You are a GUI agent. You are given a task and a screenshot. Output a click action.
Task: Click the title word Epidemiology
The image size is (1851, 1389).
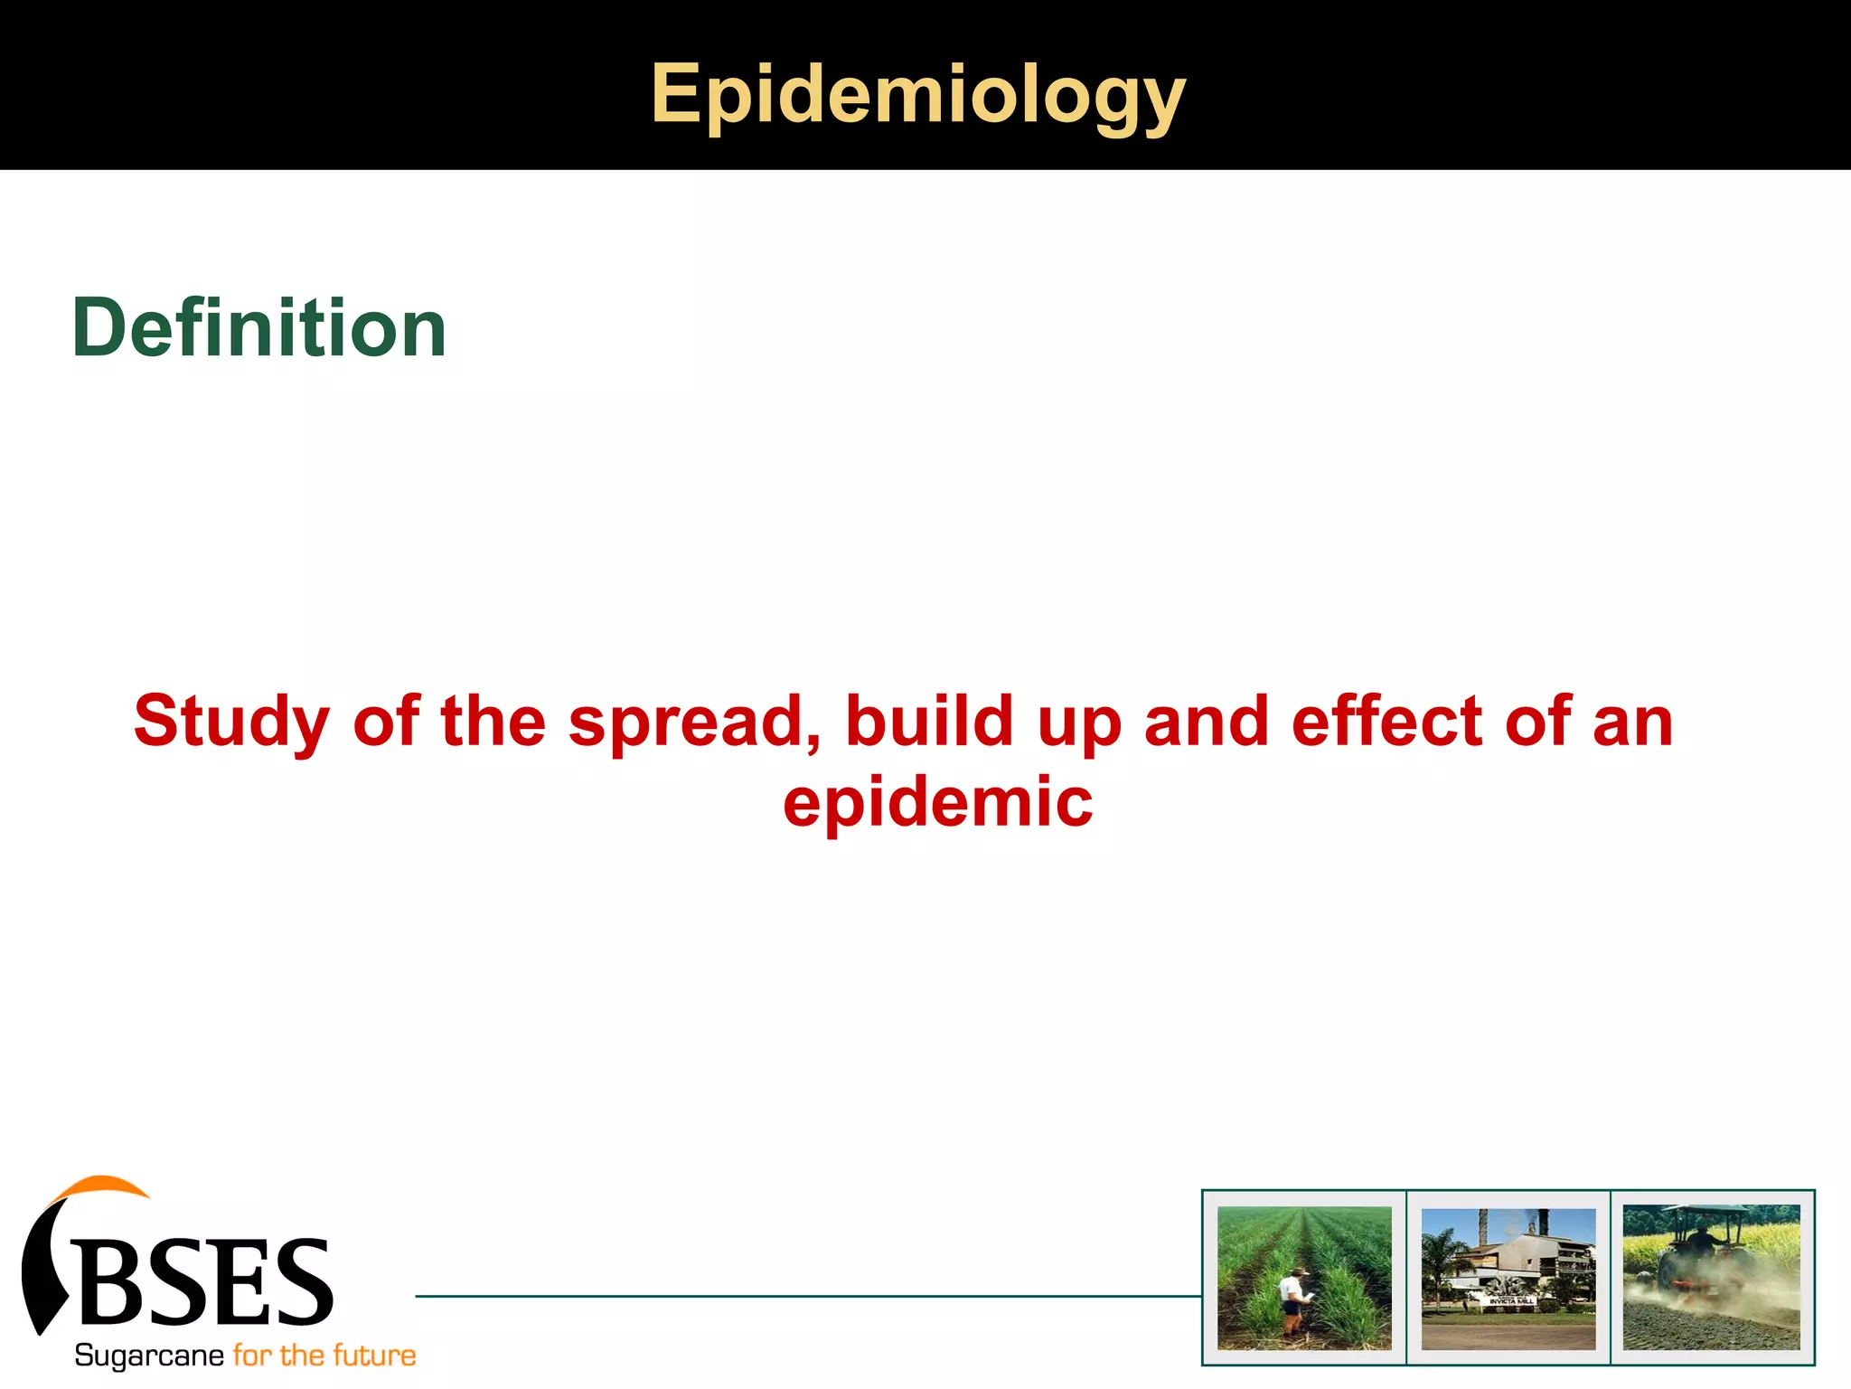pos(917,94)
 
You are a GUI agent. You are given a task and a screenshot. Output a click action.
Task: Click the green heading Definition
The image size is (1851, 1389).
pos(259,328)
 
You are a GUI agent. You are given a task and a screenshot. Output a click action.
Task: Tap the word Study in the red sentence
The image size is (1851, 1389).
pos(231,722)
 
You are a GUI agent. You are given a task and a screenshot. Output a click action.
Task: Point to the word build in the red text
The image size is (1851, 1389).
pos(929,722)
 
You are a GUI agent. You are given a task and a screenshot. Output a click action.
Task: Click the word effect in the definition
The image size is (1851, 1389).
pos(1387,722)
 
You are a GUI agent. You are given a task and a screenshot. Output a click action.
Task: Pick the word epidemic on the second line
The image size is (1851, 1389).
pos(937,802)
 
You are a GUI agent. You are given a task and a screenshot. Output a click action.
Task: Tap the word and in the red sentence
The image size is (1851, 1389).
pos(1207,722)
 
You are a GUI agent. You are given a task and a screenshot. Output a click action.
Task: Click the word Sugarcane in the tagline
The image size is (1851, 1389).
pos(148,1356)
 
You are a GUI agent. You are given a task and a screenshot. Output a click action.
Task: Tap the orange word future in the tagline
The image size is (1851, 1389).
pos(374,1356)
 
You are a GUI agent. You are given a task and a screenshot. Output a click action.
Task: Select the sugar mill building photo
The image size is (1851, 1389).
pos(1508,1277)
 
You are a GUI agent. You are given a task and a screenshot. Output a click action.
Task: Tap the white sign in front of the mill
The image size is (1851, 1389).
pos(1511,1300)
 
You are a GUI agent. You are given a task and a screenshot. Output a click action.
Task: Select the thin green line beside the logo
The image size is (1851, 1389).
pos(804,1296)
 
